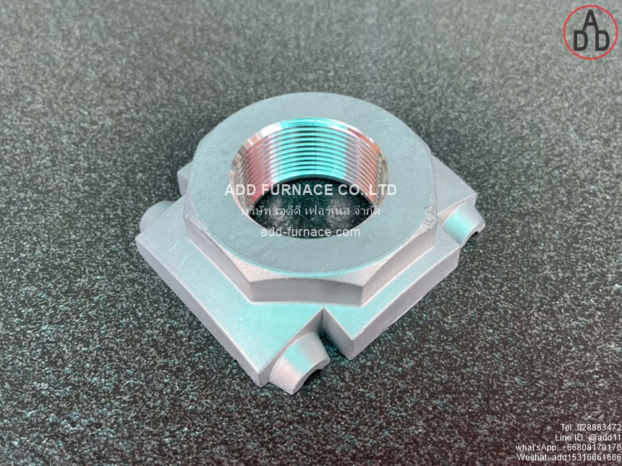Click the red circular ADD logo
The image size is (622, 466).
[x=590, y=33]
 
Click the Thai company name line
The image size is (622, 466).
[x=311, y=210]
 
